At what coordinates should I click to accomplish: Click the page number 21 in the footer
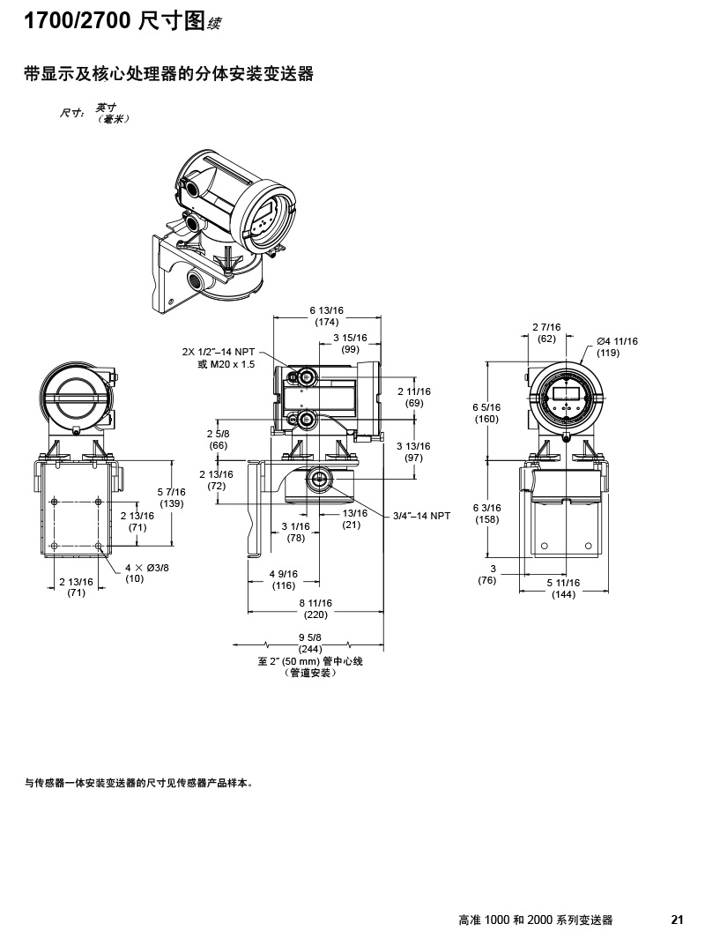pos(677,919)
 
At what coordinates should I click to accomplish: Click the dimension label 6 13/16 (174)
pos(326,316)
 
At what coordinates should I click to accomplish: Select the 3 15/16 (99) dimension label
pos(351,344)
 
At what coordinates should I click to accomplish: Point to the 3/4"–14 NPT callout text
pos(422,516)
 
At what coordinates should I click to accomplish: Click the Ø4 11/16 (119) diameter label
pos(616,346)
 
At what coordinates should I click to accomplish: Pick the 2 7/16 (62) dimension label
pos(546,333)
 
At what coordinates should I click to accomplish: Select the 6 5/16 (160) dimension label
pos(486,413)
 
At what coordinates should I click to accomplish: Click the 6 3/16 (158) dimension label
pos(486,513)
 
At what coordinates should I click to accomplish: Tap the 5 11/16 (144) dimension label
pos(563,588)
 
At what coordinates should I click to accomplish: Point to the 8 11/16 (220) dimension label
pos(315,607)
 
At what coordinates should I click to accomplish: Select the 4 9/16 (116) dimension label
pos(284,579)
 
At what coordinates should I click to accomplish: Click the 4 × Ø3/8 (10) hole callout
pos(146,572)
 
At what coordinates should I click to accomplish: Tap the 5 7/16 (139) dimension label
pos(172,497)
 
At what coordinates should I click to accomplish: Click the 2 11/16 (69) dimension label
pos(414,397)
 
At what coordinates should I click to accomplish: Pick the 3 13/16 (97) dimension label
pos(414,452)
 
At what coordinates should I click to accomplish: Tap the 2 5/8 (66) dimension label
pos(219,440)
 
